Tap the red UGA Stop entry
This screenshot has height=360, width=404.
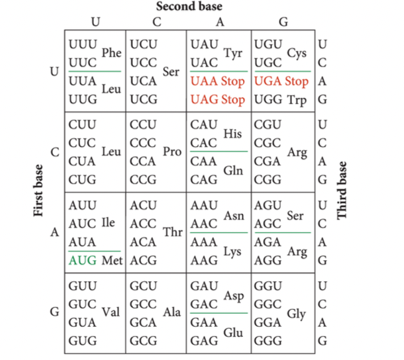281,82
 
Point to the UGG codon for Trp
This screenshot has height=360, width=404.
268,99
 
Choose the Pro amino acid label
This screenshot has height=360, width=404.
172,152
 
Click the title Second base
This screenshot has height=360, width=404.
189,7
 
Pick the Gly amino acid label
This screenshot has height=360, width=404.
296,315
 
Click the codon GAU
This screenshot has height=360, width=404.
203,288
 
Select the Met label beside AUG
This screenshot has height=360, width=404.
112,260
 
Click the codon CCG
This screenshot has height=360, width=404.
144,179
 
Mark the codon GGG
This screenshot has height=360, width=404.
268,341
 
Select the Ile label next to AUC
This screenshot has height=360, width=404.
108,224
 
